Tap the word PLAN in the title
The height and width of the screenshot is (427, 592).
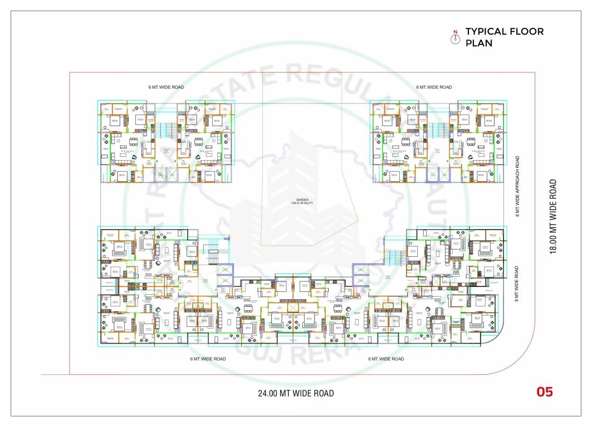pyautogui.click(x=479, y=43)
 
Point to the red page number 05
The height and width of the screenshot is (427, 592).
pyautogui.click(x=545, y=392)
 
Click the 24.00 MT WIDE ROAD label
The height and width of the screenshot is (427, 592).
pyautogui.click(x=296, y=394)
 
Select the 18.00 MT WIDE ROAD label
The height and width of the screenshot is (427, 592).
pyautogui.click(x=553, y=216)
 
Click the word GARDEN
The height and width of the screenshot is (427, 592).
pyautogui.click(x=302, y=200)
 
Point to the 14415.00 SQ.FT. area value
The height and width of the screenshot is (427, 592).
pyautogui.click(x=302, y=203)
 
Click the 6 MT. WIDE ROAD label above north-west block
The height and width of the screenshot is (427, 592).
pyautogui.click(x=166, y=87)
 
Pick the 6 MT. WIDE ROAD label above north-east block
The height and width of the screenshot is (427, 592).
pyautogui.click(x=434, y=87)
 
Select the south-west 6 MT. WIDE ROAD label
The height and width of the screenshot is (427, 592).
pyautogui.click(x=208, y=359)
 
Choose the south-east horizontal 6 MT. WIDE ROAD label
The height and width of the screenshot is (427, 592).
pyautogui.click(x=386, y=359)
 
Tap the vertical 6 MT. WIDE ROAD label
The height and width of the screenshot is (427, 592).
pyautogui.click(x=517, y=284)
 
